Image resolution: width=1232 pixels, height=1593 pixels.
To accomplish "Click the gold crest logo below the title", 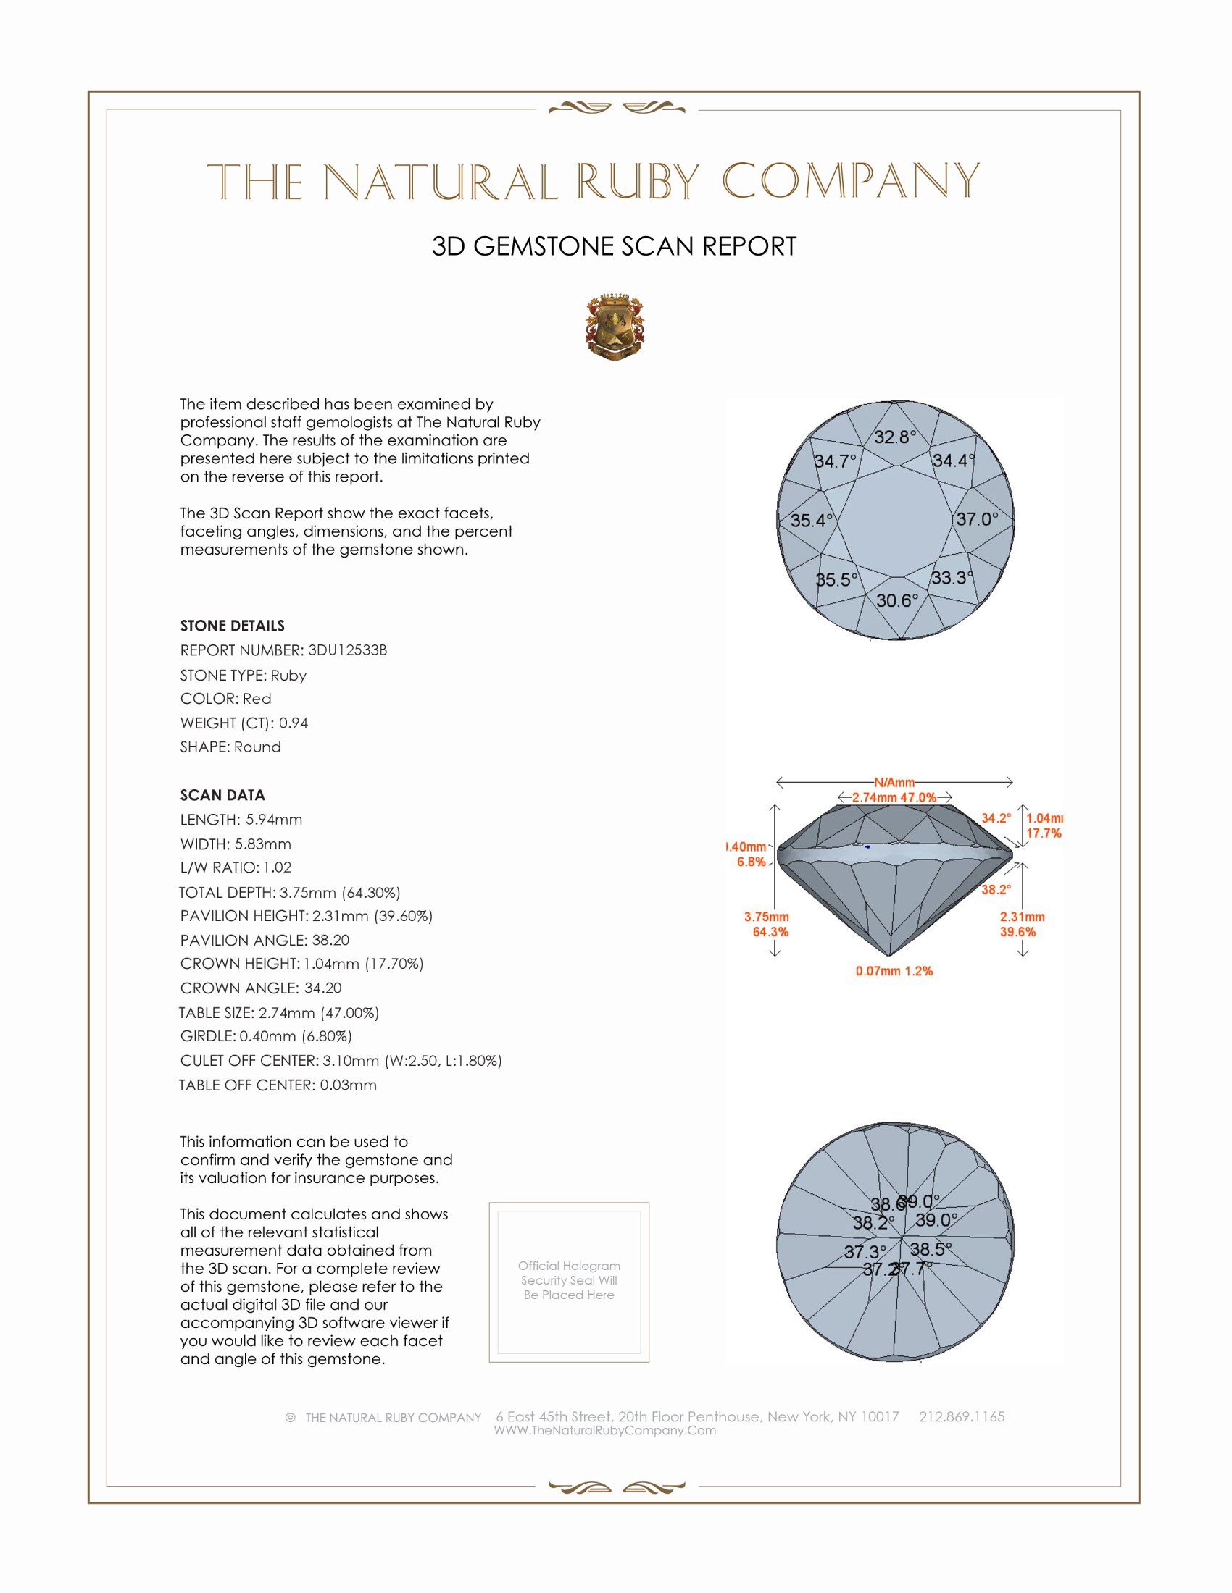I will click(615, 327).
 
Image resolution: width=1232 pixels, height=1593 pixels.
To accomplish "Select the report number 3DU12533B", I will click(347, 650).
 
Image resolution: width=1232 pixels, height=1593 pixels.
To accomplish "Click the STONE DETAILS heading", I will click(232, 626).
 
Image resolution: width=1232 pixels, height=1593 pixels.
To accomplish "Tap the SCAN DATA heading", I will click(222, 795).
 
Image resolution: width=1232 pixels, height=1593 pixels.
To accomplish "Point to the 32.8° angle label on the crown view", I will click(895, 437).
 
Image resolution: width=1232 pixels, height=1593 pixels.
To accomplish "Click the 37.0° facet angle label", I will click(978, 519).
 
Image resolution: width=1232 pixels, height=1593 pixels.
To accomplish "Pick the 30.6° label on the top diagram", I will click(897, 600).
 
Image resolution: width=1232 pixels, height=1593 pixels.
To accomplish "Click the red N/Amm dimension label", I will click(894, 783).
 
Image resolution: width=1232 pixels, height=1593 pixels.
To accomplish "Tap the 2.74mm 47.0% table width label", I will click(894, 797).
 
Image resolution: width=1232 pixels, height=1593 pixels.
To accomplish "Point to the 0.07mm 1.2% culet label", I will click(894, 971).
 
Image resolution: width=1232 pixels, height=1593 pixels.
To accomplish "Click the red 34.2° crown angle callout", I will click(996, 818).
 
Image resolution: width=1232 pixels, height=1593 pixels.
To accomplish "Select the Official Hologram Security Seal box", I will click(569, 1282).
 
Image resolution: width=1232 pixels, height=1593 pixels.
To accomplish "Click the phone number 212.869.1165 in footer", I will click(961, 1416).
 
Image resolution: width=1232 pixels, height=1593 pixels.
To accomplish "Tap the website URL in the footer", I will click(605, 1430).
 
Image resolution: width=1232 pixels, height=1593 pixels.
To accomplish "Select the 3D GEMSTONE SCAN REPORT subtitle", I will click(614, 246).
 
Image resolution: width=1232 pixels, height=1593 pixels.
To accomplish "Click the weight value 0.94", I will click(294, 723).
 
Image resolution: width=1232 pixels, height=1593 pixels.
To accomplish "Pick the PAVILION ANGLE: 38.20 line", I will click(265, 940).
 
